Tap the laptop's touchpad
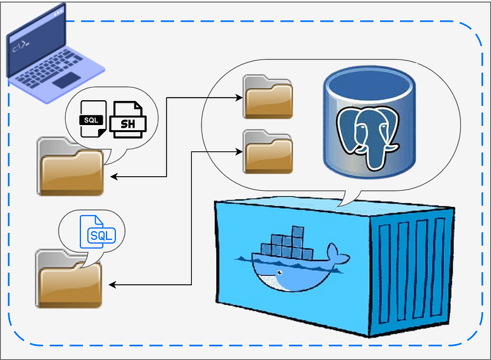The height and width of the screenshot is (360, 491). coord(66,80)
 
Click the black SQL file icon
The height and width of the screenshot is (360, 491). coord(93,119)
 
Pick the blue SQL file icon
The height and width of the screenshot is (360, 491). coord(96,234)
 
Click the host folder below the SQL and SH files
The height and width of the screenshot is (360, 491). coord(70,166)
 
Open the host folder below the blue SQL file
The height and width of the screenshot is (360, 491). coord(69,279)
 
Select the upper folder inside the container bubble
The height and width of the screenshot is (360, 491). coord(267,97)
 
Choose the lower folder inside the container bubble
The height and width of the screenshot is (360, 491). coord(267,151)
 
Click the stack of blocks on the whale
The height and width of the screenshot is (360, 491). coord(287,243)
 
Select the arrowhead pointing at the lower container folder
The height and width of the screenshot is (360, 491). coord(238,151)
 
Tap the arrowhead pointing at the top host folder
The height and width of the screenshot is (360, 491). coord(113,177)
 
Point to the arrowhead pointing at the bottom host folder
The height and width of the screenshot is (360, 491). coord(113,285)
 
